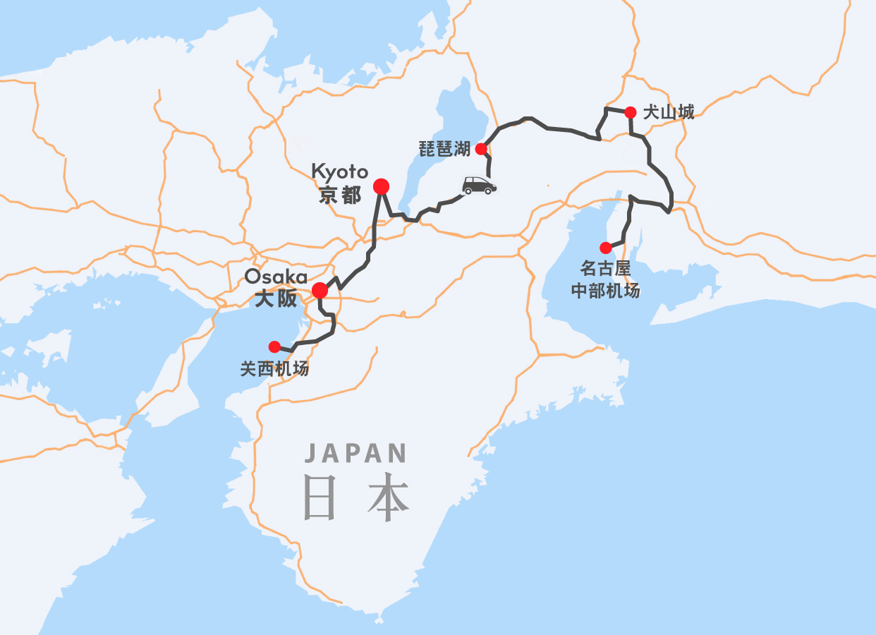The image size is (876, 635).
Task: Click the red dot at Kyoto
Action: point(381,186)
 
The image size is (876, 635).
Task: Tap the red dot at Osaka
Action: point(320,290)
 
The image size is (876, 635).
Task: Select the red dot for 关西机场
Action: point(274,346)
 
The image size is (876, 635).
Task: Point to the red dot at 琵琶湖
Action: point(481,149)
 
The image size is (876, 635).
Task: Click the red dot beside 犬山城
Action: point(631,112)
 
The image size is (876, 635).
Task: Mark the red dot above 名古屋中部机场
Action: point(605,248)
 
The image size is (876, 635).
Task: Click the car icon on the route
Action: point(479,185)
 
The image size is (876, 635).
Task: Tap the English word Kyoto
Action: point(340,171)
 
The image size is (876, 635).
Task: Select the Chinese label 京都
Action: point(339,195)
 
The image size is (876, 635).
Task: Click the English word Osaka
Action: point(276,276)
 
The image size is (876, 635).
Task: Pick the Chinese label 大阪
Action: point(276,298)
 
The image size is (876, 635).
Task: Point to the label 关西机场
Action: point(274,368)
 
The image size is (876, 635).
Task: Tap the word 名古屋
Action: point(605,270)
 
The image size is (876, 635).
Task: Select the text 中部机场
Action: point(605,290)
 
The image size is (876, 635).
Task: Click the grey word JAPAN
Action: point(356,453)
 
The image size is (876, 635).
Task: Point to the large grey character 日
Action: point(319,497)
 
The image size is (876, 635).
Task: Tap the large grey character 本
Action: point(388,497)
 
